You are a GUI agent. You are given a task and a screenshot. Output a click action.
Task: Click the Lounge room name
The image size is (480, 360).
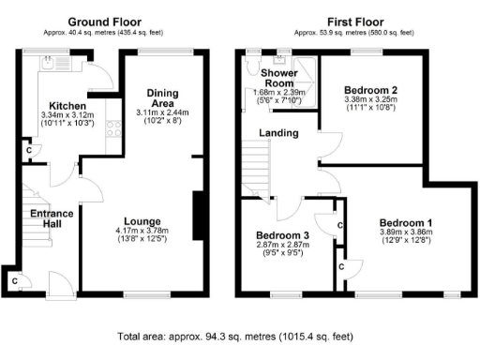tap(142, 221)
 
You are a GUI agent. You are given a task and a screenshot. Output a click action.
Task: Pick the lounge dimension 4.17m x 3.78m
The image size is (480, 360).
tap(142, 231)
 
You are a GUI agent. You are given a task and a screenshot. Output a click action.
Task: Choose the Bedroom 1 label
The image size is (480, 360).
tap(405, 221)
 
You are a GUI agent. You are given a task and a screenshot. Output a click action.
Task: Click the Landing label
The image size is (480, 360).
tap(279, 133)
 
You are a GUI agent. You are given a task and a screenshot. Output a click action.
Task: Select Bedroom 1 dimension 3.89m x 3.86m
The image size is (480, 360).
tap(405, 231)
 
